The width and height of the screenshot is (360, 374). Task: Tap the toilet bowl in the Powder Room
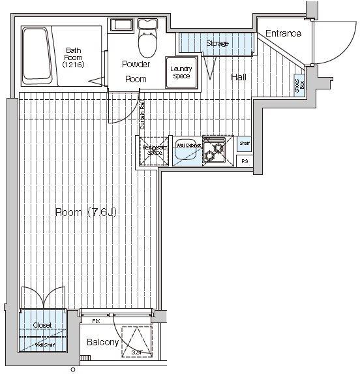click(148, 44)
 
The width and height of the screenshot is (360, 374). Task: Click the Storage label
click(217, 44)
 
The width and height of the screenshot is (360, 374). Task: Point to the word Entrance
click(284, 34)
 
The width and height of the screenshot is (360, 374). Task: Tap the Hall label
click(239, 77)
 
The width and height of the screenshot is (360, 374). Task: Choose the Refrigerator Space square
click(155, 151)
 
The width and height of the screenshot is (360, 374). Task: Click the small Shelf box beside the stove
click(244, 144)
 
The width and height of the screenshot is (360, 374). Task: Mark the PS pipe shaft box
click(245, 161)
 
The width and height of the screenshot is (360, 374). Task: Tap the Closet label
click(42, 325)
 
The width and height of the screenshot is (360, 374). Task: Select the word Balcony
click(103, 343)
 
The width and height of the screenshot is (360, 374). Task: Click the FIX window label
click(96, 321)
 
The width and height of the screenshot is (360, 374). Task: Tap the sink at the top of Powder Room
click(122, 26)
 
